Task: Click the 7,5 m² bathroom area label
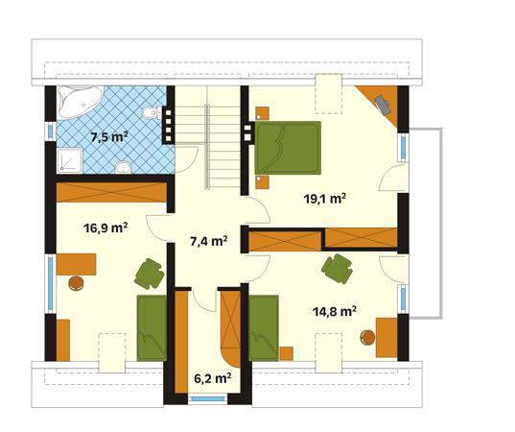pyautogui.click(x=109, y=136)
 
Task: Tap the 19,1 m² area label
pyautogui.click(x=324, y=199)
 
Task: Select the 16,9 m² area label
pyautogui.click(x=105, y=228)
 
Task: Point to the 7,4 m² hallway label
pyautogui.click(x=209, y=241)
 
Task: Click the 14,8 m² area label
pyautogui.click(x=335, y=311)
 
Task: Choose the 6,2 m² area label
pyautogui.click(x=213, y=378)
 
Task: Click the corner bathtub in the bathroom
pyautogui.click(x=79, y=102)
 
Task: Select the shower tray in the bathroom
pyautogui.click(x=69, y=160)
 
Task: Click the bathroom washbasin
pyautogui.click(x=123, y=167)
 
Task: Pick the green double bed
pyautogui.click(x=288, y=148)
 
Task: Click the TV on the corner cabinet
pyautogui.click(x=383, y=105)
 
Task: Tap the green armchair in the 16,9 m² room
pyautogui.click(x=150, y=274)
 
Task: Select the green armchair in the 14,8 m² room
pyautogui.click(x=338, y=269)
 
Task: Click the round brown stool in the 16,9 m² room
pyautogui.click(x=76, y=283)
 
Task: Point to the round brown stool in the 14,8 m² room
pyautogui.click(x=367, y=338)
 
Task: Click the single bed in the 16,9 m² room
pyautogui.click(x=152, y=327)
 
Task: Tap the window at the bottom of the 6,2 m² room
pyautogui.click(x=207, y=398)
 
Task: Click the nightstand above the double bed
pyautogui.click(x=263, y=113)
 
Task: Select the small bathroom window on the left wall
pyautogui.click(x=50, y=132)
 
